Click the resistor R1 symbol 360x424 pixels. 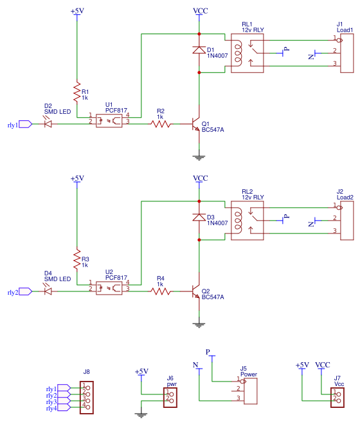[x=77, y=91]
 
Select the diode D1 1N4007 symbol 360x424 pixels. [x=199, y=50]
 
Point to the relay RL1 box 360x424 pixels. [x=247, y=53]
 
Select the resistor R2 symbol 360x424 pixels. [x=161, y=124]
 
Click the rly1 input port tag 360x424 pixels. [x=24, y=124]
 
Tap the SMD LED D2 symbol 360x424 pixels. [x=48, y=124]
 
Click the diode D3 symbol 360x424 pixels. [x=199, y=219]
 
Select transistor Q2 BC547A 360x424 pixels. [x=196, y=291]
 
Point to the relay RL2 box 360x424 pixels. [x=247, y=221]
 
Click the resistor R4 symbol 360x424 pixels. [x=161, y=291]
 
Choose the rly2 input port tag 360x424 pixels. [x=24, y=291]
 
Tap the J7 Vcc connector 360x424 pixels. [x=336, y=398]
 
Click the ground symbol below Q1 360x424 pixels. [x=199, y=155]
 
